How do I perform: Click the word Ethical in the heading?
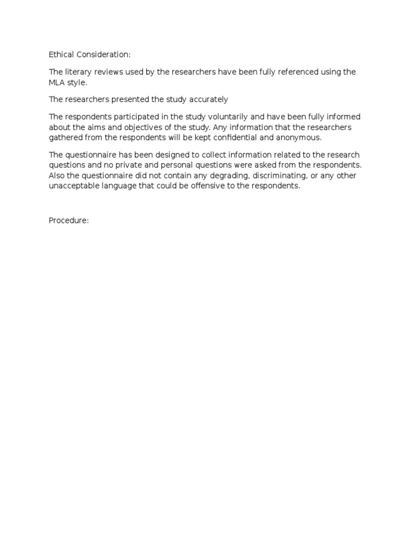click(61, 55)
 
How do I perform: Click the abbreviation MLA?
click(58, 82)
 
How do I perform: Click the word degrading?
click(222, 176)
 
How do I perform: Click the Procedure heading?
click(68, 221)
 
